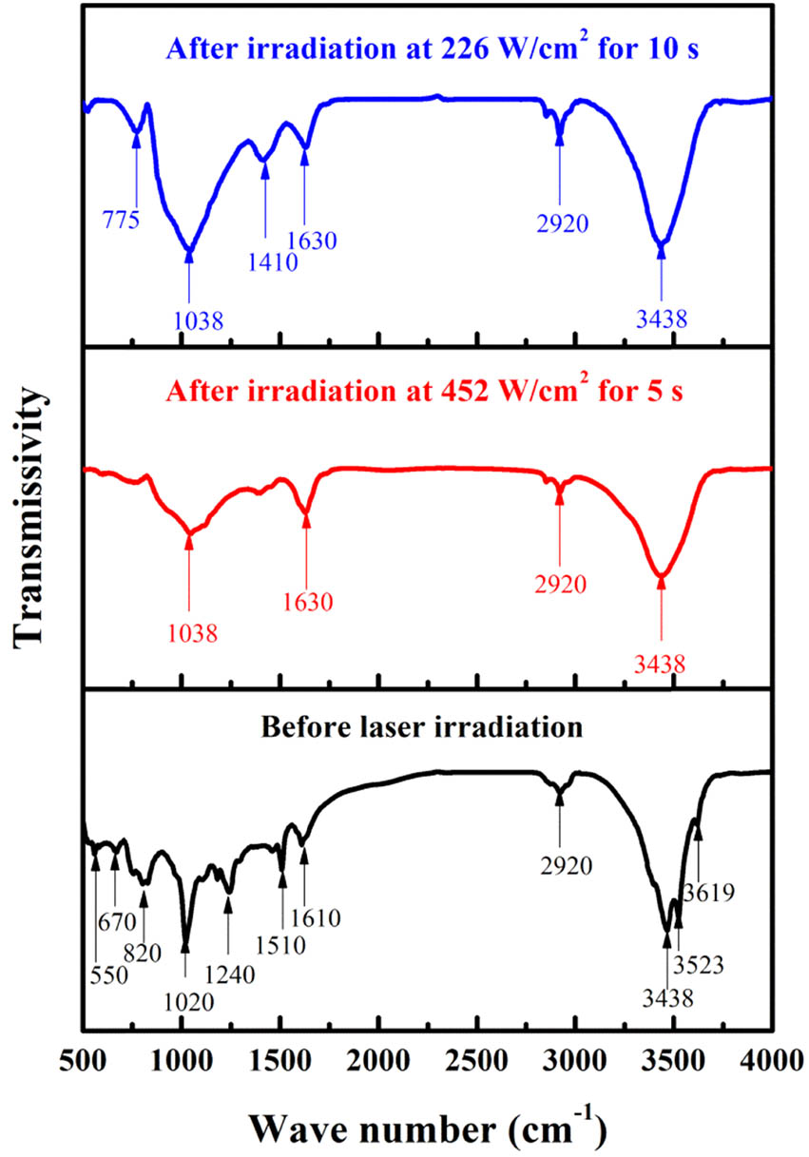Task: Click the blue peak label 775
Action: click(x=122, y=222)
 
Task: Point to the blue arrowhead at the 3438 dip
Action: click(x=661, y=248)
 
